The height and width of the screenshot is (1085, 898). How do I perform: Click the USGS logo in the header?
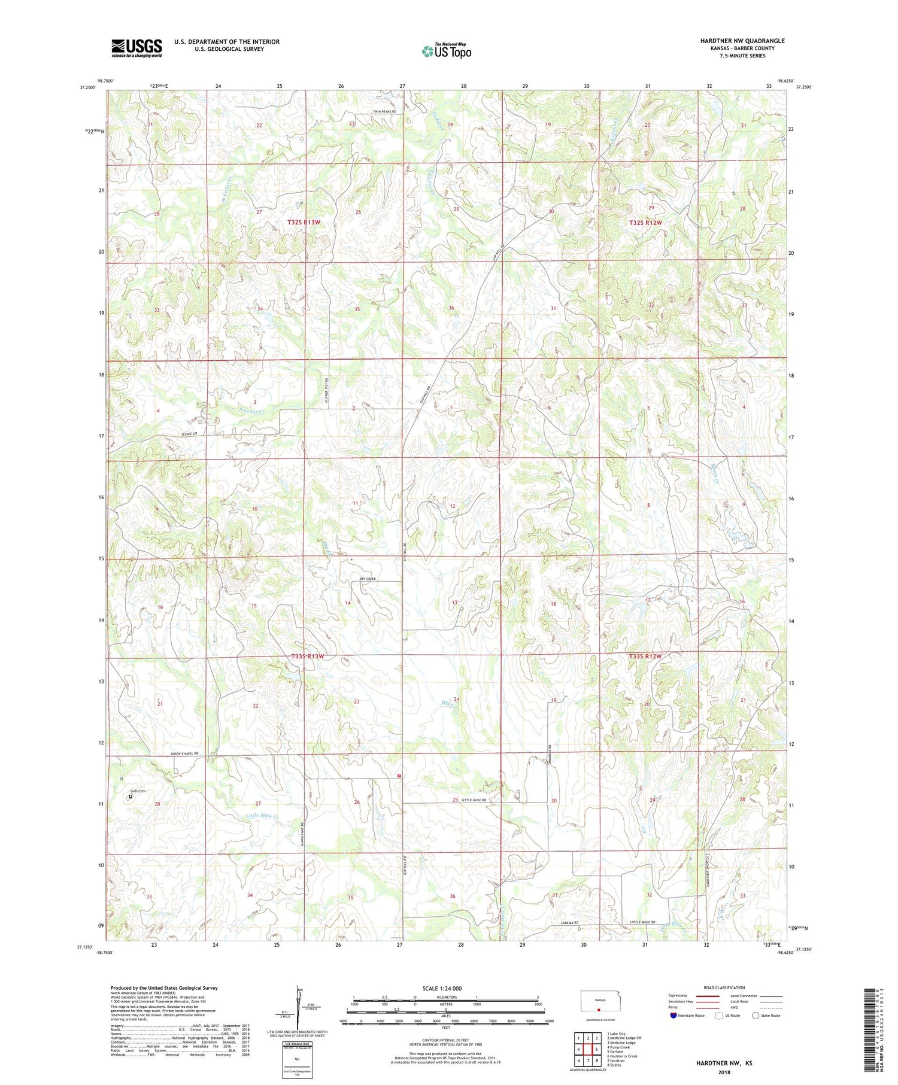click(x=136, y=48)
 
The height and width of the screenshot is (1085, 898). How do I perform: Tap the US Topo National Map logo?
click(x=446, y=51)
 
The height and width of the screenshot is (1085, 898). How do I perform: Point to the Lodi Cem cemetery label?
click(x=138, y=791)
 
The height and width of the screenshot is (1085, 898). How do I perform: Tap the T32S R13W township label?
click(x=304, y=222)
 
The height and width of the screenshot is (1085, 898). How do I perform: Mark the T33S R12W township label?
click(x=645, y=657)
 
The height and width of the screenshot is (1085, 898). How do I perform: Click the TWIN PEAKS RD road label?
click(x=385, y=112)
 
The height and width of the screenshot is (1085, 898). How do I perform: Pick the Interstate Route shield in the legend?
click(x=673, y=1015)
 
